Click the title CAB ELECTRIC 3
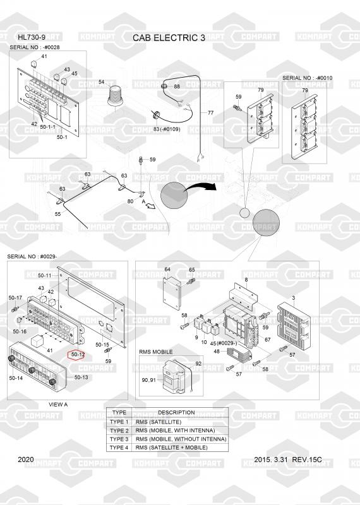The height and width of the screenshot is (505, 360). [169, 38]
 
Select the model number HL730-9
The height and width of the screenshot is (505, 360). [32, 37]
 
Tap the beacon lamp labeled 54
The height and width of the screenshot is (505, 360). [115, 96]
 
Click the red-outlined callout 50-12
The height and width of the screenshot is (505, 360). [78, 355]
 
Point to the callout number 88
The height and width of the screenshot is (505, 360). [177, 86]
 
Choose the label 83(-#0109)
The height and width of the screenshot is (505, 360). [167, 129]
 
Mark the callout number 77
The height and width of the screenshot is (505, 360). [210, 113]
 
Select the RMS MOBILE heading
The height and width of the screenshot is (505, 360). [155, 352]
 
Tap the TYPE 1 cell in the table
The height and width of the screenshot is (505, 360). [119, 422]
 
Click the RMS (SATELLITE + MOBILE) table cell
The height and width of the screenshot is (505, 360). [171, 448]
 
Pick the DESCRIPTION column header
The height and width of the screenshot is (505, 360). [176, 413]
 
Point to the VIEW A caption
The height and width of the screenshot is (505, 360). [58, 405]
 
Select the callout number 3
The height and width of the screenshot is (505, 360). [293, 298]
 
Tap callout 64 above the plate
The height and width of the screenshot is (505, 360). [167, 270]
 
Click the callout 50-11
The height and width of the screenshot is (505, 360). [44, 275]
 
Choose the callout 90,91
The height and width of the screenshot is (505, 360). [148, 380]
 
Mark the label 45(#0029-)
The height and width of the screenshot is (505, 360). [224, 343]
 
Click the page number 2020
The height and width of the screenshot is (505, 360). [26, 460]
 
